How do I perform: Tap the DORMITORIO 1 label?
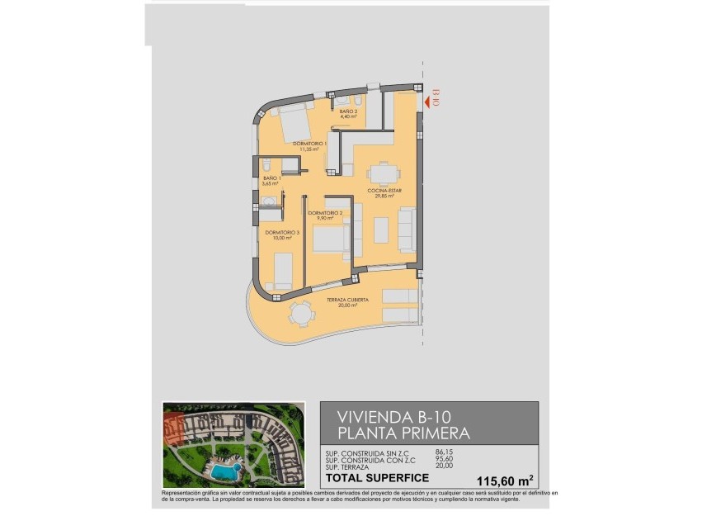(310, 143)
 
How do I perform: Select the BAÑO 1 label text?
(272, 178)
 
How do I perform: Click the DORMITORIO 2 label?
(325, 213)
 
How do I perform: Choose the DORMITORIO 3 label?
(283, 233)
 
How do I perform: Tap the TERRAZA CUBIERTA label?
(346, 300)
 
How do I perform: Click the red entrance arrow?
(426, 102)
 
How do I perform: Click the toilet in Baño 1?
(266, 165)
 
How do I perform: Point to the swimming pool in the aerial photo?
(224, 471)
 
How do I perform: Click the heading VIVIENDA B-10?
(394, 416)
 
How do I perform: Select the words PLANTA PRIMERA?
(404, 433)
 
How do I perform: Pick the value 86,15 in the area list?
(445, 452)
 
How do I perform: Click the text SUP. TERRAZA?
(354, 465)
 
